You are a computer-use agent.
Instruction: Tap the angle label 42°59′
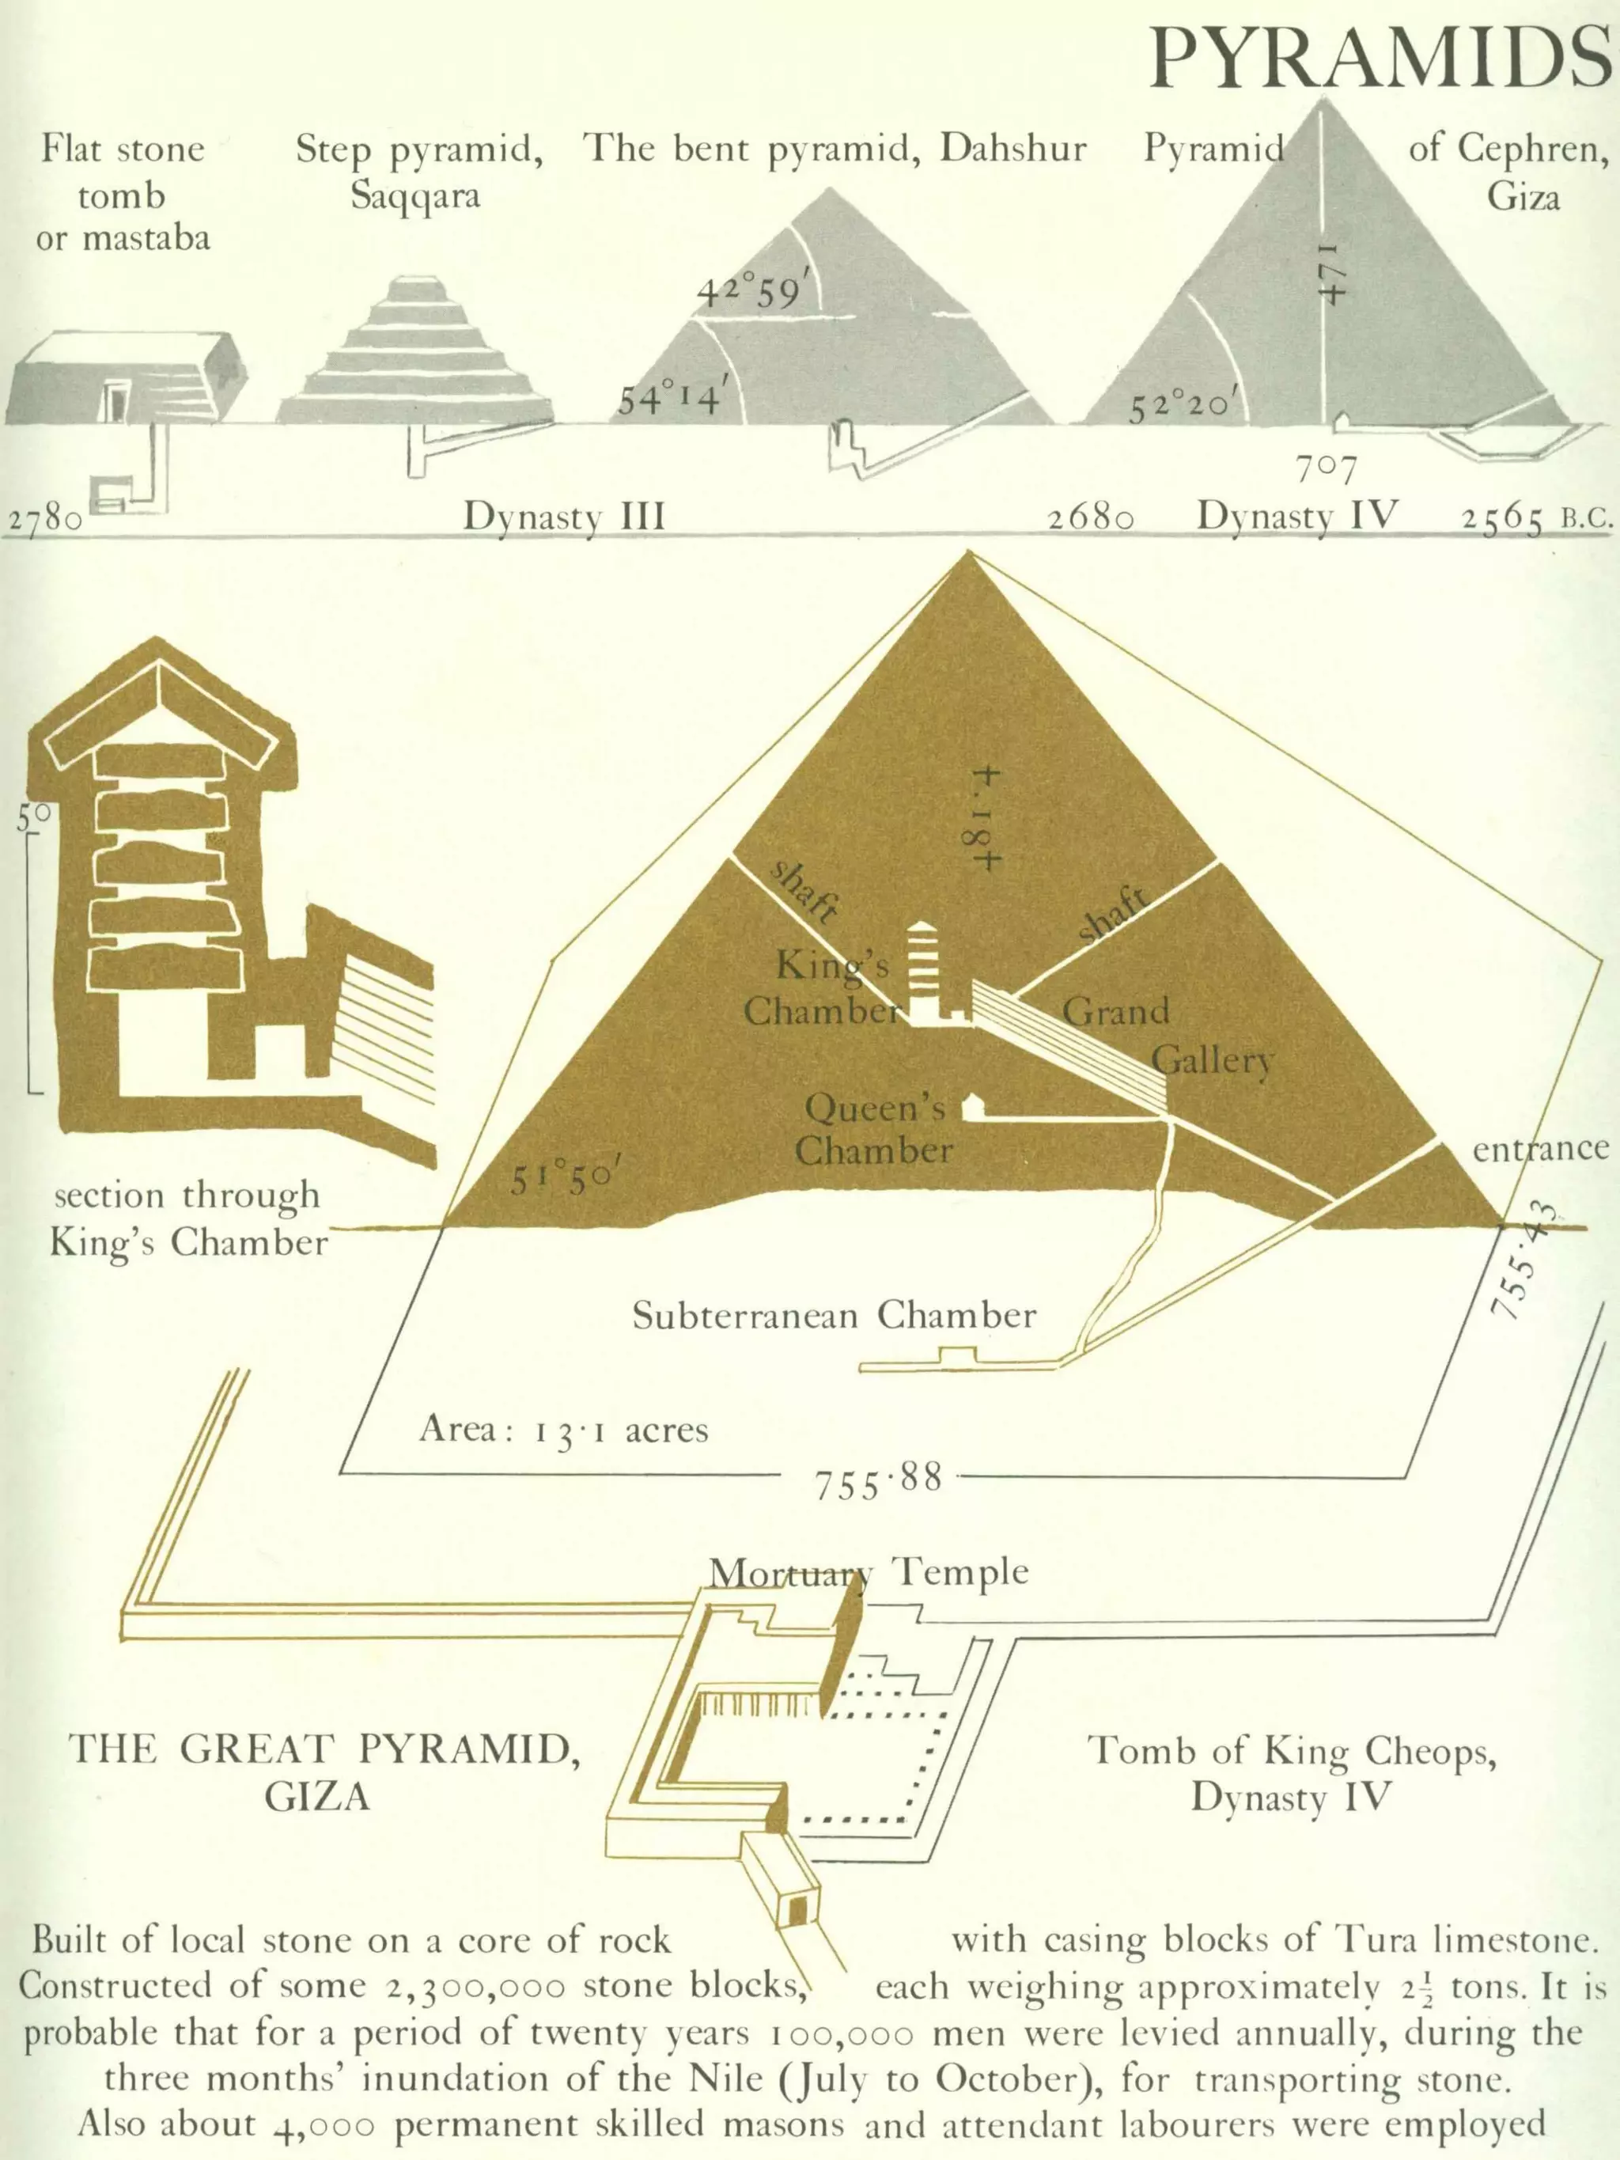[753, 291]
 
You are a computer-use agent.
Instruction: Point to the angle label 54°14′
[671, 399]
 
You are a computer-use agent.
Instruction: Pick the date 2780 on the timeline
[45, 517]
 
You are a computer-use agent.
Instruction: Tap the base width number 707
[1325, 471]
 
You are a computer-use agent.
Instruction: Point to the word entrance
[1540, 1148]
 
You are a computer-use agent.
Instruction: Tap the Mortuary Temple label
[868, 1572]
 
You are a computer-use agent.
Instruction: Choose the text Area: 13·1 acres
[563, 1430]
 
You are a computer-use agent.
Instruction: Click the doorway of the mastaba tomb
[117, 401]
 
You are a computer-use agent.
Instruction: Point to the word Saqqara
[415, 196]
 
